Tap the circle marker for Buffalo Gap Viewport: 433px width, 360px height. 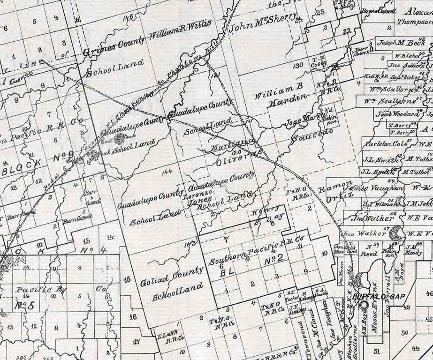tap(364, 305)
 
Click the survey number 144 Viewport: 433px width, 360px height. tap(167, 172)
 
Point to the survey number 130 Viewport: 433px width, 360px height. tap(298, 67)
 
